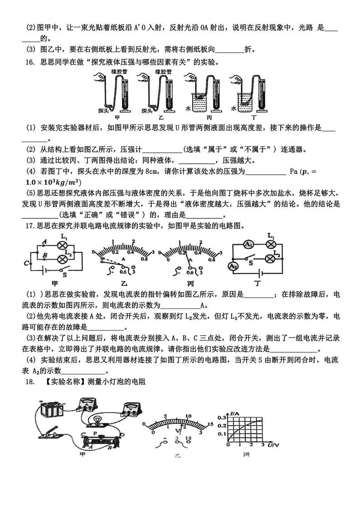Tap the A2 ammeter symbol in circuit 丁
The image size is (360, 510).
click(233, 265)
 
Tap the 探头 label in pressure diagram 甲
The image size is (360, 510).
click(103, 110)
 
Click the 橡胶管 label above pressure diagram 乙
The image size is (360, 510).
click(162, 72)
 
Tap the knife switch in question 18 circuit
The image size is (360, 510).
click(48, 431)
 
